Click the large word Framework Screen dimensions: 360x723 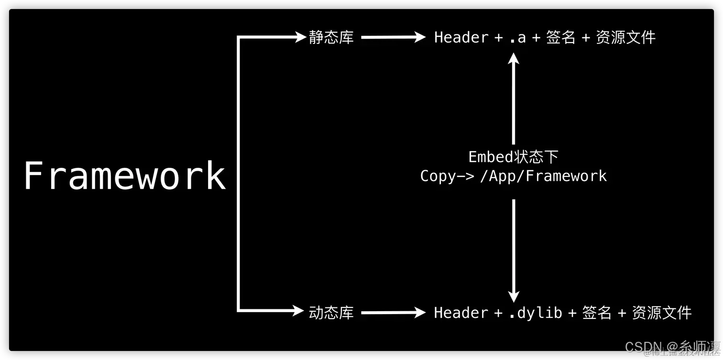[x=125, y=176]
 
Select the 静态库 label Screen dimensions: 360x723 [x=331, y=37]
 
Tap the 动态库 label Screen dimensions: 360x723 [x=331, y=313]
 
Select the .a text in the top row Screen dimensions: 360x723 [x=517, y=38]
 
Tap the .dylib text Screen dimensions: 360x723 [x=535, y=313]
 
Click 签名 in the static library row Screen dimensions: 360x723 [x=560, y=37]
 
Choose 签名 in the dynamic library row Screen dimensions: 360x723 [x=597, y=313]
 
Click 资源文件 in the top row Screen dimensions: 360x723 [x=625, y=37]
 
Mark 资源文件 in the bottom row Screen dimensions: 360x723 [x=662, y=313]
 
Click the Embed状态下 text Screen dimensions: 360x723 [x=513, y=157]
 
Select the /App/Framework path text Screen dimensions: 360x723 [x=543, y=176]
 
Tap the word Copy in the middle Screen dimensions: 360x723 [x=438, y=176]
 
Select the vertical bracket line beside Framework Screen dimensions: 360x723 [x=238, y=175]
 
